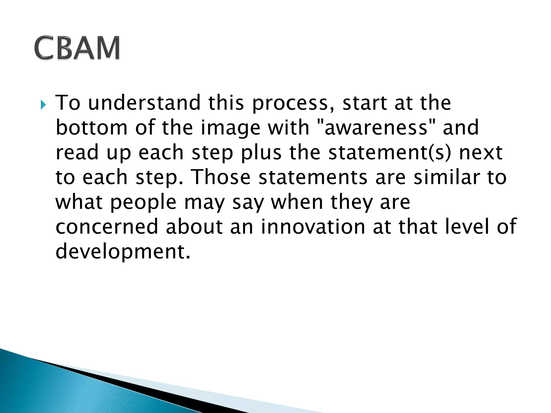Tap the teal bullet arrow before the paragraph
tap(43, 105)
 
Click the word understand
tap(144, 103)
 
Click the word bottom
tap(91, 127)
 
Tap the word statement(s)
tap(389, 152)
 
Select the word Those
tap(222, 177)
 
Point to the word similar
tap(446, 177)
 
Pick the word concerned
tap(107, 227)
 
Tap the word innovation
tap(313, 227)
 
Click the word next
tap(481, 152)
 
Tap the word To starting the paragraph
tap(68, 103)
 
